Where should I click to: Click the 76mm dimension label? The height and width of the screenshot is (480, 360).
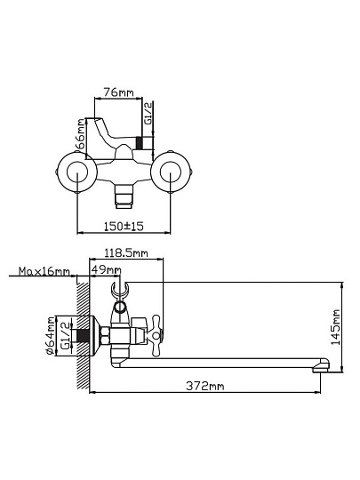pyautogui.click(x=118, y=92)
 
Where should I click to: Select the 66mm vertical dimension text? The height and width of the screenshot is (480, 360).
pyautogui.click(x=80, y=133)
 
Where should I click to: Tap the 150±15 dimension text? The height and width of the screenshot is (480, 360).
pyautogui.click(x=124, y=227)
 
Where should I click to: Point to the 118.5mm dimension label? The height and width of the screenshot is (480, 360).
pyautogui.click(x=126, y=253)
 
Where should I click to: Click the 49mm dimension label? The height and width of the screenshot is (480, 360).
pyautogui.click(x=107, y=270)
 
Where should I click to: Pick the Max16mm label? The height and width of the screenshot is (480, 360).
pyautogui.click(x=44, y=271)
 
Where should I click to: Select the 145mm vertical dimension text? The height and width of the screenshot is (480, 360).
pyautogui.click(x=335, y=327)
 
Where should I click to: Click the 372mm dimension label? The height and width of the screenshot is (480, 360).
pyautogui.click(x=205, y=386)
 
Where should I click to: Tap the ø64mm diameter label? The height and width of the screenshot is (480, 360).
pyautogui.click(x=51, y=336)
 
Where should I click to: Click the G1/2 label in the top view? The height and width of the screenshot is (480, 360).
pyautogui.click(x=148, y=113)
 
